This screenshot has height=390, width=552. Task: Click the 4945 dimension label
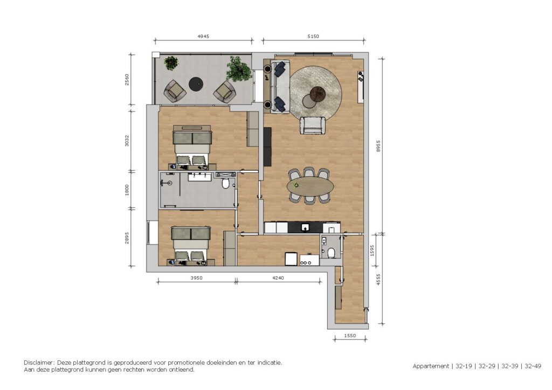[203, 36]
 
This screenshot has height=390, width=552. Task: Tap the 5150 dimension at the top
[313, 36]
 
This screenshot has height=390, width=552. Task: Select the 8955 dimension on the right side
[378, 146]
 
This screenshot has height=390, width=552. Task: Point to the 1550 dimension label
[349, 336]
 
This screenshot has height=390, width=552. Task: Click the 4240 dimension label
[278, 278]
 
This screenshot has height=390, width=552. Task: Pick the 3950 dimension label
[196, 278]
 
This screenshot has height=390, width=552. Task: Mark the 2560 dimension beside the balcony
[127, 79]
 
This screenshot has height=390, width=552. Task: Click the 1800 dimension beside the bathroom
[127, 190]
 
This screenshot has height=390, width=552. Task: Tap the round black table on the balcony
[196, 84]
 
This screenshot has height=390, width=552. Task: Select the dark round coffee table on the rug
[319, 94]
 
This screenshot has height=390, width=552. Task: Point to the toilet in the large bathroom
[226, 183]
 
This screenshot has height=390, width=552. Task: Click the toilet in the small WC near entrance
[331, 253]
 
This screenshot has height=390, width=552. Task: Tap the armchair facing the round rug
[312, 126]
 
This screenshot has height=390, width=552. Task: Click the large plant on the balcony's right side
[239, 69]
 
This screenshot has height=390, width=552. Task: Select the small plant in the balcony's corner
[171, 63]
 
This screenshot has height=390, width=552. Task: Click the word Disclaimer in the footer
[39, 363]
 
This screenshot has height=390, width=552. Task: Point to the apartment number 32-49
[533, 366]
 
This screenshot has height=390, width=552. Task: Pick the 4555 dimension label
[378, 279]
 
